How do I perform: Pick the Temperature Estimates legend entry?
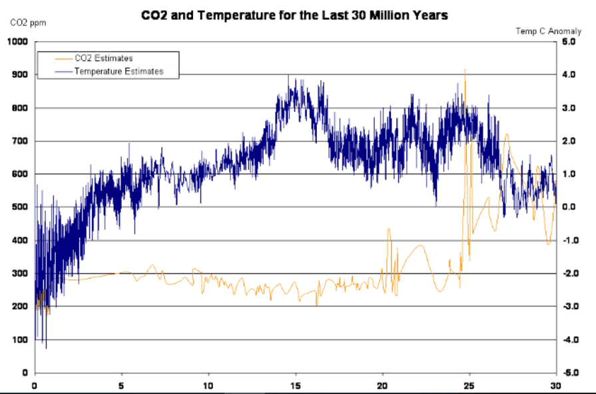click(119, 71)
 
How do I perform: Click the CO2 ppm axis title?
click(23, 23)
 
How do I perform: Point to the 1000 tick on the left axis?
click(16, 42)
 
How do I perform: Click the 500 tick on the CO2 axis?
click(19, 207)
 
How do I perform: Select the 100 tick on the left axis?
click(19, 340)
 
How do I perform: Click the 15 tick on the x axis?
click(296, 385)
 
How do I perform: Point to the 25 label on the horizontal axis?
click(469, 385)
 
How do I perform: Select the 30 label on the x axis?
click(556, 385)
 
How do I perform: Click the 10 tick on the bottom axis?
click(208, 385)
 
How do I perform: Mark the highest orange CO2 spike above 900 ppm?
click(465, 69)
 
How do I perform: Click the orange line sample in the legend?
click(55, 59)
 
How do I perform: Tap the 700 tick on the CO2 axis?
click(19, 141)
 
